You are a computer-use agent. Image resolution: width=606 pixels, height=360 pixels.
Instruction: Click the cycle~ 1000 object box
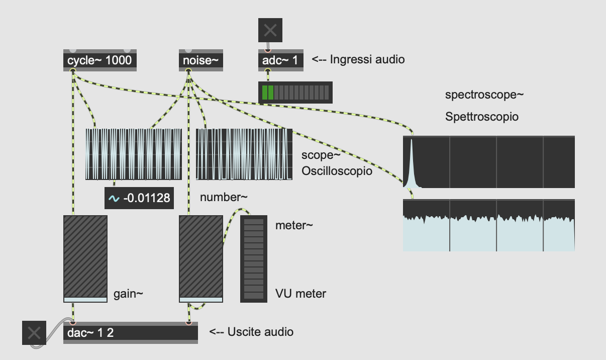[x=100, y=60]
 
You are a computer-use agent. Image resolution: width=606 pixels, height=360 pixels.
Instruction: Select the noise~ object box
[x=201, y=60]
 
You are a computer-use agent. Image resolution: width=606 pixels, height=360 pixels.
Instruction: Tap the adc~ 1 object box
[x=281, y=60]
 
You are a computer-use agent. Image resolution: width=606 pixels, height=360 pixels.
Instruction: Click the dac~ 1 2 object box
[x=131, y=333]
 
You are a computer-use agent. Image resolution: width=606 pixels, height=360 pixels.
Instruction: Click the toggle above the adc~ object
[x=270, y=30]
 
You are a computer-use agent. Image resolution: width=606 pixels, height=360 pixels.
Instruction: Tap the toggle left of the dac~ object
[x=34, y=333]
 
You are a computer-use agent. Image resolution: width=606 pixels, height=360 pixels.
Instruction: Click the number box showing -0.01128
[x=139, y=198]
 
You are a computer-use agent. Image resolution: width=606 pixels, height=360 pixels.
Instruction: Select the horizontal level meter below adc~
[x=295, y=93]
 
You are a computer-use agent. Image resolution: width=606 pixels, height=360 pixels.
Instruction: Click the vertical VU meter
[x=254, y=259]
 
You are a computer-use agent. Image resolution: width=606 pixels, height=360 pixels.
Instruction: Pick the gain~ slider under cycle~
[x=85, y=259]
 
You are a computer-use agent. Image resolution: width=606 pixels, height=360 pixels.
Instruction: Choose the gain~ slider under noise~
[x=201, y=259]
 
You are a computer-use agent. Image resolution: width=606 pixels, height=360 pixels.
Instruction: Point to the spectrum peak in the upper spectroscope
[x=411, y=140]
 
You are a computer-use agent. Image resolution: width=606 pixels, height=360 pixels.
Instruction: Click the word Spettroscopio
[x=482, y=117]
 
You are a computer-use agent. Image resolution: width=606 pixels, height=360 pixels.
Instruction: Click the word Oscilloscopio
[x=337, y=171]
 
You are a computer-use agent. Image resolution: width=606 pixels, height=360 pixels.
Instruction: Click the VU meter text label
[x=300, y=294]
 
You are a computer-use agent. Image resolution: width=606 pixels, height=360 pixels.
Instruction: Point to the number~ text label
[x=224, y=197]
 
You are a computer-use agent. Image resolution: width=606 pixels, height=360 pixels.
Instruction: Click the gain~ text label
[x=128, y=294]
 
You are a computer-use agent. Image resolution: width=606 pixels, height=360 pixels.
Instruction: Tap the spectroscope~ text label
[x=484, y=95]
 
